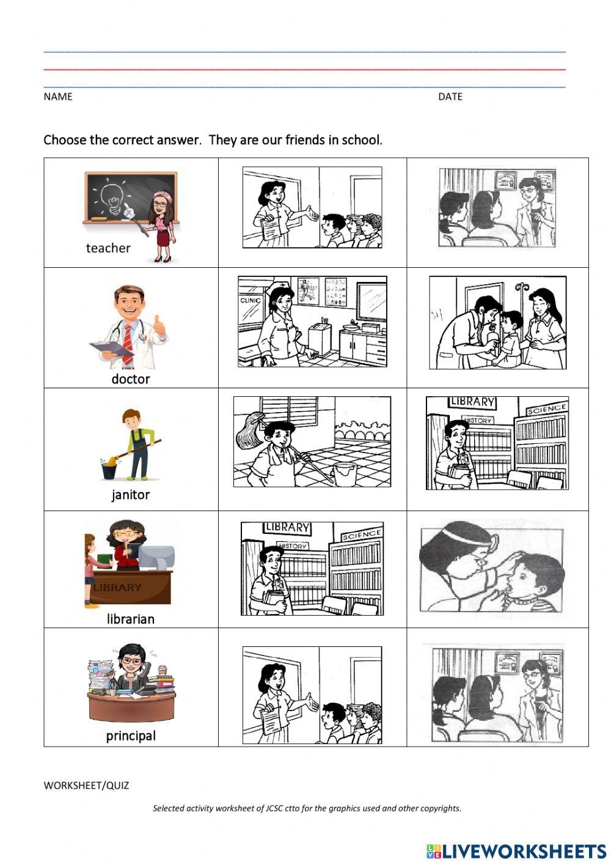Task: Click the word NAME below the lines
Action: pyautogui.click(x=58, y=97)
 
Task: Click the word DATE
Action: pyautogui.click(x=450, y=97)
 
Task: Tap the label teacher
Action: pyautogui.click(x=108, y=248)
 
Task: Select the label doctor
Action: pyautogui.click(x=130, y=378)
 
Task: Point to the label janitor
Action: pyautogui.click(x=130, y=495)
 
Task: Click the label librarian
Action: pyautogui.click(x=130, y=619)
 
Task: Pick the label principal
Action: pyautogui.click(x=131, y=736)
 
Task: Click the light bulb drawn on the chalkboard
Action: pyautogui.click(x=112, y=195)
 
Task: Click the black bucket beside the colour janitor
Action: pyautogui.click(x=109, y=471)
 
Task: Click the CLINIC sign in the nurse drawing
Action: pyautogui.click(x=251, y=300)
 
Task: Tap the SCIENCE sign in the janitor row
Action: pyautogui.click(x=547, y=409)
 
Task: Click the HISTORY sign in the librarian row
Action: pyautogui.click(x=293, y=545)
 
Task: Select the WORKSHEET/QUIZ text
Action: pyautogui.click(x=86, y=786)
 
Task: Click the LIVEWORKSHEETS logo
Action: pyautogui.click(x=516, y=851)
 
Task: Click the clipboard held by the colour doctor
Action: pyautogui.click(x=111, y=349)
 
